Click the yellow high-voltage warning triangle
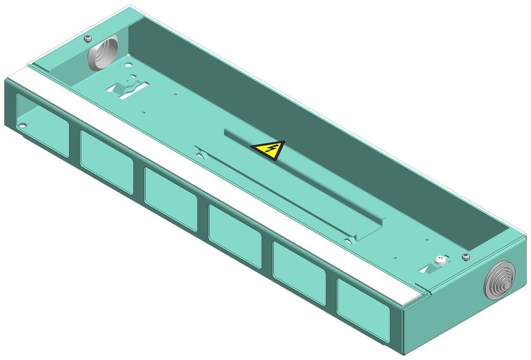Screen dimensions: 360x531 [x=268, y=150]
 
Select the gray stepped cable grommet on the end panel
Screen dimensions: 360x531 [x=499, y=280]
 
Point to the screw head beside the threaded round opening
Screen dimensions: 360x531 [x=88, y=38]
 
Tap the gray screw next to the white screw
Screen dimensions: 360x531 [x=466, y=257]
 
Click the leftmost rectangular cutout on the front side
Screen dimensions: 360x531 [x=42, y=125]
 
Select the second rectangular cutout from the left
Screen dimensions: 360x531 [x=106, y=161]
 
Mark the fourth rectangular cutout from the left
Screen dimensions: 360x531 [x=235, y=236]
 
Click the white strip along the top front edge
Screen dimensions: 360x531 [x=212, y=181]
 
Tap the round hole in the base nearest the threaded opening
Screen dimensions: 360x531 [x=128, y=65]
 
